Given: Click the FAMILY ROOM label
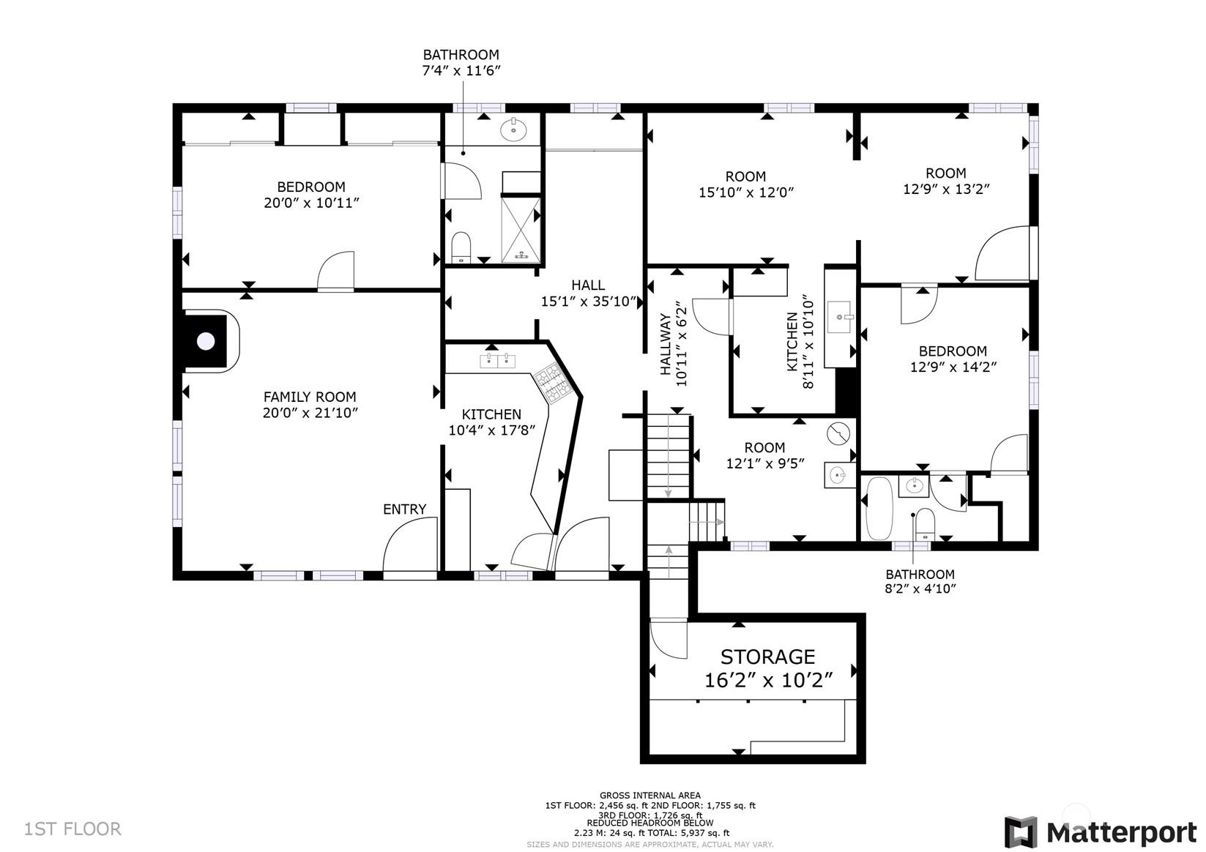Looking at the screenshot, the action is [x=310, y=397].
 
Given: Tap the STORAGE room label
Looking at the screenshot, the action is [x=767, y=657].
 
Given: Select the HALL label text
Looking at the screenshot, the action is [x=588, y=285].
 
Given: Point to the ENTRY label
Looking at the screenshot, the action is [x=404, y=509].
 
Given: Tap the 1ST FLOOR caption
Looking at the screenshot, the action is [x=72, y=829].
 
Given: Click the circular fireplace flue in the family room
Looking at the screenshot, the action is [x=206, y=341].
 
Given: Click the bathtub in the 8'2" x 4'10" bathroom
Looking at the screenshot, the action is [x=879, y=508].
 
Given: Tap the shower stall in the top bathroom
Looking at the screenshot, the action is [x=521, y=230].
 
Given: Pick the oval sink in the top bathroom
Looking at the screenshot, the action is [x=513, y=130].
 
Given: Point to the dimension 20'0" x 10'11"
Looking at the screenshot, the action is [x=311, y=203].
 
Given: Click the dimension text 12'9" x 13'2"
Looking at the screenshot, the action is [x=946, y=189].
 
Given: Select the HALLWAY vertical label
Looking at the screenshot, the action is [x=666, y=345].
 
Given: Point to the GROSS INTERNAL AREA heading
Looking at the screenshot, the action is [x=650, y=795].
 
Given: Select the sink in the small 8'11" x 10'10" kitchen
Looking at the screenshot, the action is [x=839, y=317].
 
